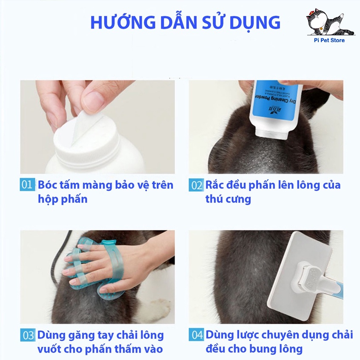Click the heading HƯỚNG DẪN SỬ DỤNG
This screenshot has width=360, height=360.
185,22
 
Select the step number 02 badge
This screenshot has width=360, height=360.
196,186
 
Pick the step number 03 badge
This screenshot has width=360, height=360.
28,335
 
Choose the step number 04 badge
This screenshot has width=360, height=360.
196,335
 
